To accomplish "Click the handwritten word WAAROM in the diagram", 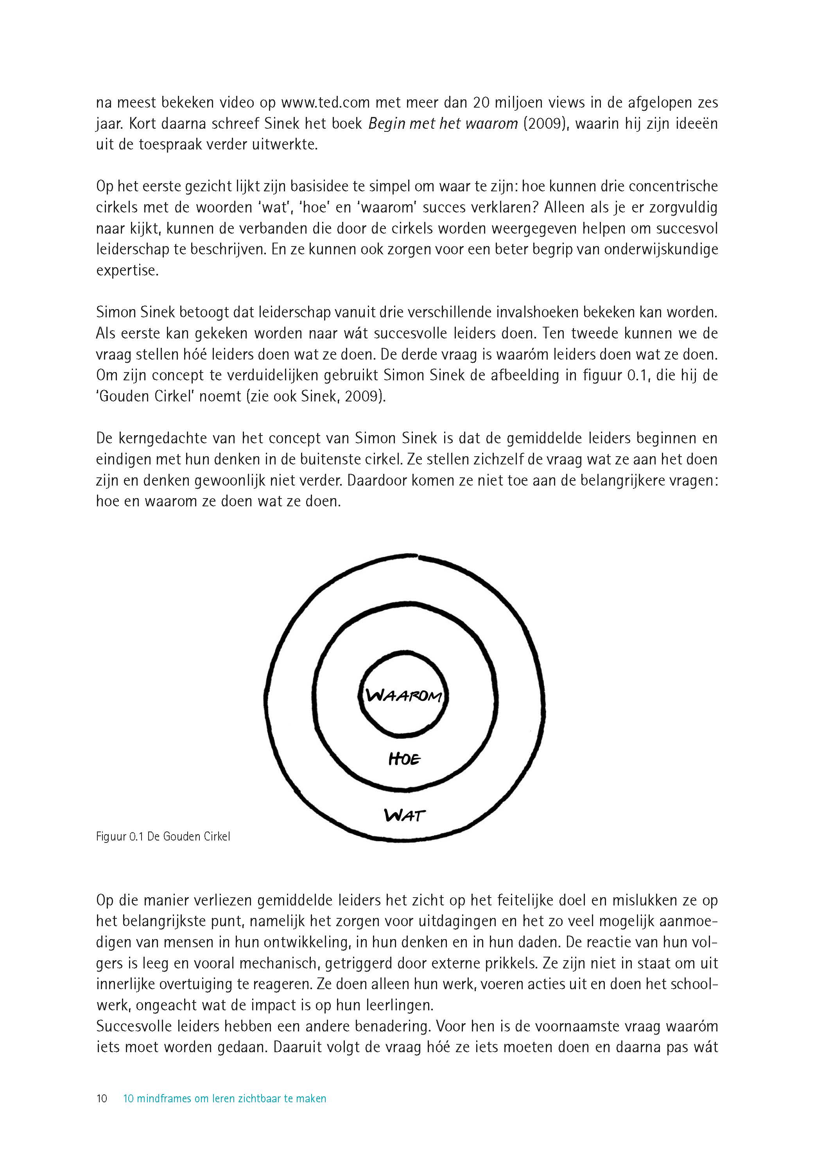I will [404, 696].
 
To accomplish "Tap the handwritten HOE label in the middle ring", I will [404, 759].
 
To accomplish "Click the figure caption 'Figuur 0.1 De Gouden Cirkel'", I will [163, 837].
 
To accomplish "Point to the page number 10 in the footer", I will [102, 1098].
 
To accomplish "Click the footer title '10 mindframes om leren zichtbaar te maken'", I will [224, 1098].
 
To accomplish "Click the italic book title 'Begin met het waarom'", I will [443, 124].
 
